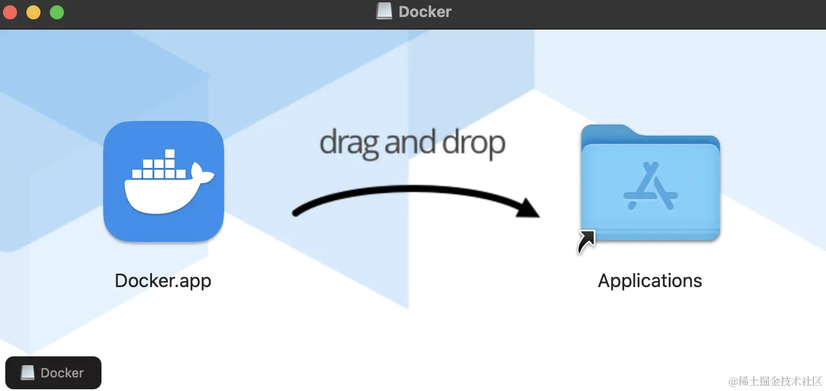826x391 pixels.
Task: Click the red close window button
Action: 10,12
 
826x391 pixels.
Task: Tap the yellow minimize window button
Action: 33,12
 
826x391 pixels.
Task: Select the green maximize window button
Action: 57,12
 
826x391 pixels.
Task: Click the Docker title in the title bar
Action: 425,12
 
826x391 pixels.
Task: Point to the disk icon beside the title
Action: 384,11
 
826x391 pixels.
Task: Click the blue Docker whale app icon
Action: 164,181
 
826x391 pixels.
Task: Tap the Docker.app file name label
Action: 163,281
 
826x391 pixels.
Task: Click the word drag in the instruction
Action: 348,143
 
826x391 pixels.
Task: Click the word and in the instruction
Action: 409,142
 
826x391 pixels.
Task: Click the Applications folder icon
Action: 650,183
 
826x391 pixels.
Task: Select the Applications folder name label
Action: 650,281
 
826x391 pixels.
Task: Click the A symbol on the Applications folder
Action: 651,186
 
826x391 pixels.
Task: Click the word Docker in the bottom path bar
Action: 62,373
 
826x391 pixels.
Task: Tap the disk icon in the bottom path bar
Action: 28,373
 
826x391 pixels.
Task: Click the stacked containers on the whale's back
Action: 158,166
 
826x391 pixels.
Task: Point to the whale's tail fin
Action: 202,173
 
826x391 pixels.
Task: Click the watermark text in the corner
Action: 775,381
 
